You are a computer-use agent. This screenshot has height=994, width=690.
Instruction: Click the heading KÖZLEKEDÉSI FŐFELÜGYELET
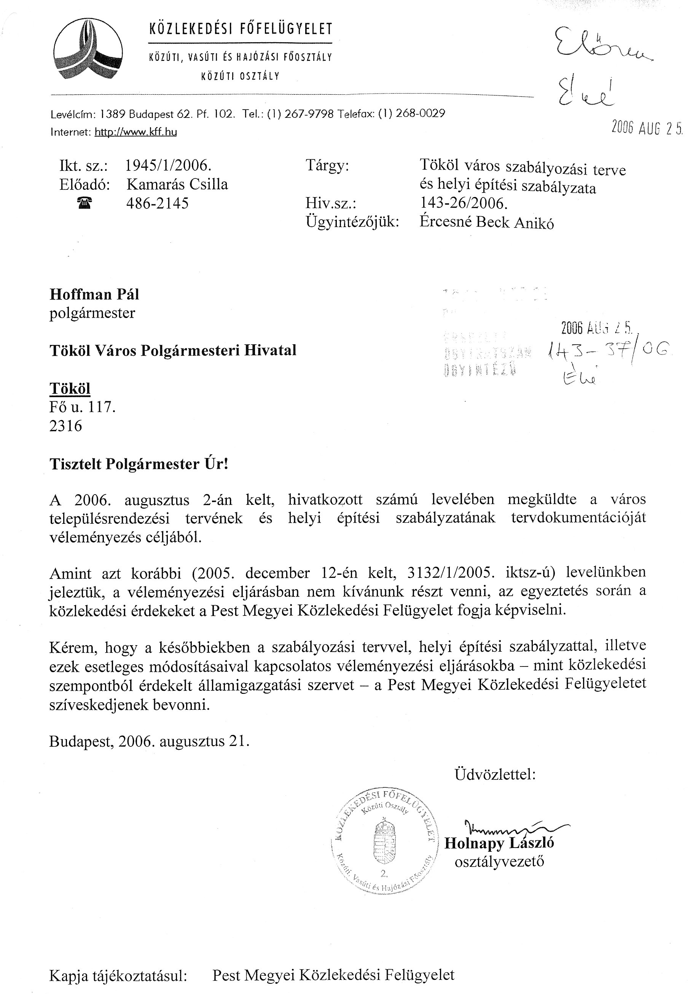(241, 29)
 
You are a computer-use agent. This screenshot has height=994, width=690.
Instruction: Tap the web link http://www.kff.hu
(136, 132)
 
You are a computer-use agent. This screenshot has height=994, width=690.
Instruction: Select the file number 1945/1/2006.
(168, 165)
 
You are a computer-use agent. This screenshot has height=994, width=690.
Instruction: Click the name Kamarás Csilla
(177, 184)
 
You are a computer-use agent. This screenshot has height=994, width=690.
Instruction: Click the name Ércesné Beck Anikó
(486, 223)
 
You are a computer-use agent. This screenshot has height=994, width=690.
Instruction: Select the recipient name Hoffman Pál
(94, 294)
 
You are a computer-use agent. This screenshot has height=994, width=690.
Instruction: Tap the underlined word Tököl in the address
(70, 388)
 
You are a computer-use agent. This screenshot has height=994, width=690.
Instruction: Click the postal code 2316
(66, 426)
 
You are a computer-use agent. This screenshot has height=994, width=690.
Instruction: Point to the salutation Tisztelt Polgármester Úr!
(139, 464)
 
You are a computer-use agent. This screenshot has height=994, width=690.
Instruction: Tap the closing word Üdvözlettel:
(495, 775)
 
